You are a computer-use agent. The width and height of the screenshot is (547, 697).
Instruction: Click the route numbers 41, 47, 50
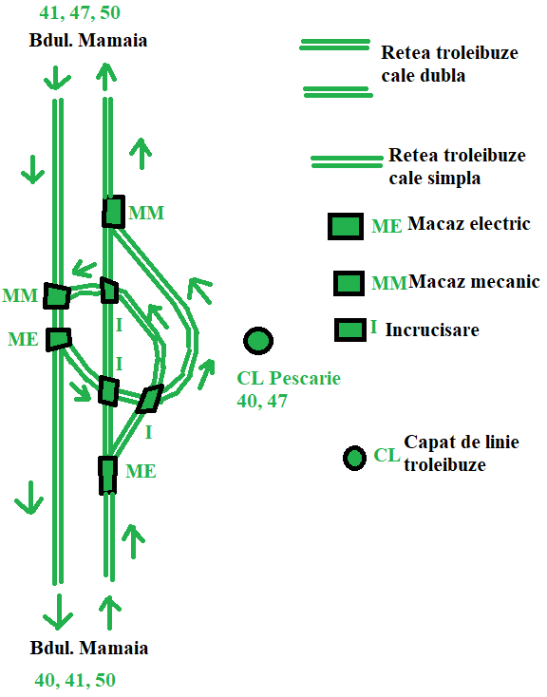(x=80, y=12)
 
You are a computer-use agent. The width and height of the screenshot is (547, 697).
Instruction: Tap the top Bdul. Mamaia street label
(x=88, y=40)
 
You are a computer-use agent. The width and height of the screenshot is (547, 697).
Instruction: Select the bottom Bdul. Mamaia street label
(x=89, y=648)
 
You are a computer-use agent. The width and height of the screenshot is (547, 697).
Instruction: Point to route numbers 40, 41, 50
(x=75, y=680)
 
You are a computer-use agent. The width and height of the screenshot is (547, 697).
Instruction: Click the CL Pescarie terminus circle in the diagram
(x=258, y=341)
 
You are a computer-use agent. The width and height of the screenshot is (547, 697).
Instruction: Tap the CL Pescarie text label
(x=289, y=378)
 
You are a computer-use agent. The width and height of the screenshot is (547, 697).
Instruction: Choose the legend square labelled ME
(x=346, y=227)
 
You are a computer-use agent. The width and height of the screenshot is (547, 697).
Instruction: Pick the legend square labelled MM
(x=349, y=283)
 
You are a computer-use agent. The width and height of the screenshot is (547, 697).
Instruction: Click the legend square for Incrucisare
(x=350, y=330)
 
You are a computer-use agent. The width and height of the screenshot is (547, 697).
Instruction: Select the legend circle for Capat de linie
(x=354, y=459)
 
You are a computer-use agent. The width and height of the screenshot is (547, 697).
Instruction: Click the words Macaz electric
(x=469, y=223)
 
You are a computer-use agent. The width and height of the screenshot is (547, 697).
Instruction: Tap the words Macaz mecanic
(x=474, y=282)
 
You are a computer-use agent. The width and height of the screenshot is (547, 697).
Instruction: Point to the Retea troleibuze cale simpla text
(x=457, y=167)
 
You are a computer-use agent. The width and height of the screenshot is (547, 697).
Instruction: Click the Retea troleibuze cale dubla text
(x=449, y=64)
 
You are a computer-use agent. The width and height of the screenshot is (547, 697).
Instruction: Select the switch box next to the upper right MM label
(x=113, y=212)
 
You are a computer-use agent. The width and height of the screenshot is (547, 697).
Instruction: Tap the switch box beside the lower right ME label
(x=107, y=475)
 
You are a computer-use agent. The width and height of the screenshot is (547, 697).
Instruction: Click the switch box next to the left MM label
(x=57, y=296)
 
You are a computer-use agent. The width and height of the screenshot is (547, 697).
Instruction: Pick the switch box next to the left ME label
(x=58, y=340)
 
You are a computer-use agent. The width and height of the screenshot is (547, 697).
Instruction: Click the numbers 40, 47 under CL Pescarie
(x=262, y=402)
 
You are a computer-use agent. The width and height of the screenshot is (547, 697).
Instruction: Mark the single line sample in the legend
(x=347, y=161)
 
